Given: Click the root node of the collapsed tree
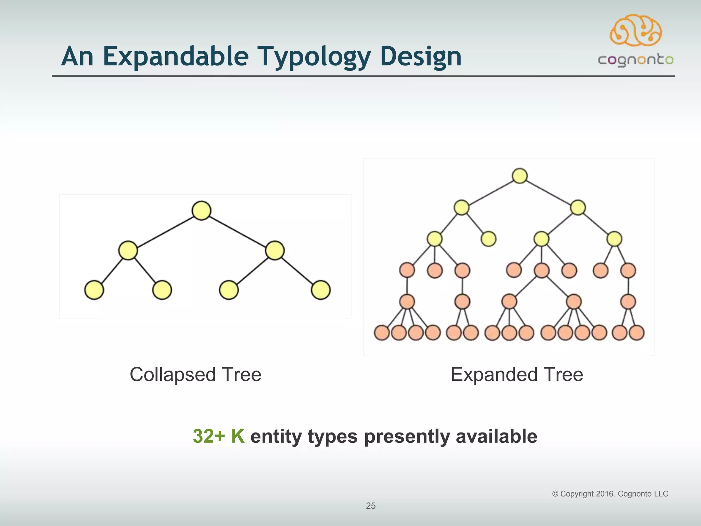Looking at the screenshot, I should pyautogui.click(x=201, y=211).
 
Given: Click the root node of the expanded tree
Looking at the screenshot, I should pyautogui.click(x=520, y=176).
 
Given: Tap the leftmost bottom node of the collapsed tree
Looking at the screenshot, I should pyautogui.click(x=94, y=290).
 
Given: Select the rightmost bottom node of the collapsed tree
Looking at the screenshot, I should pyautogui.click(x=321, y=290).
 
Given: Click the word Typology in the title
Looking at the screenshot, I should pyautogui.click(x=314, y=57).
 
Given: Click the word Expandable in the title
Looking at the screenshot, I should pyautogui.click(x=176, y=57).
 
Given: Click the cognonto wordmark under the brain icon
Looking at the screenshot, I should pyautogui.click(x=636, y=60).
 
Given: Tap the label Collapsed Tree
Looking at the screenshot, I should pyautogui.click(x=195, y=374).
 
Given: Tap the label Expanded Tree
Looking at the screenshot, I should pyautogui.click(x=517, y=374).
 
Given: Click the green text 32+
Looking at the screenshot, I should pyautogui.click(x=209, y=436).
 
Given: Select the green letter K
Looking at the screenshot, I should pyautogui.click(x=238, y=436).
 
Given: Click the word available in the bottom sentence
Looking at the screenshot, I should pyautogui.click(x=496, y=436).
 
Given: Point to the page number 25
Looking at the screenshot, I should pyautogui.click(x=371, y=506).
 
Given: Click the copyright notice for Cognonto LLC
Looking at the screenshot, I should pyautogui.click(x=610, y=494).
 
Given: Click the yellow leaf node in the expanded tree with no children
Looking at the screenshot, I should pyautogui.click(x=488, y=239).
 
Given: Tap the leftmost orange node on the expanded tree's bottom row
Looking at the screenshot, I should pyautogui.click(x=382, y=333).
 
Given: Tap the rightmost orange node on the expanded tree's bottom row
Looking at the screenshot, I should pyautogui.click(x=637, y=333).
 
